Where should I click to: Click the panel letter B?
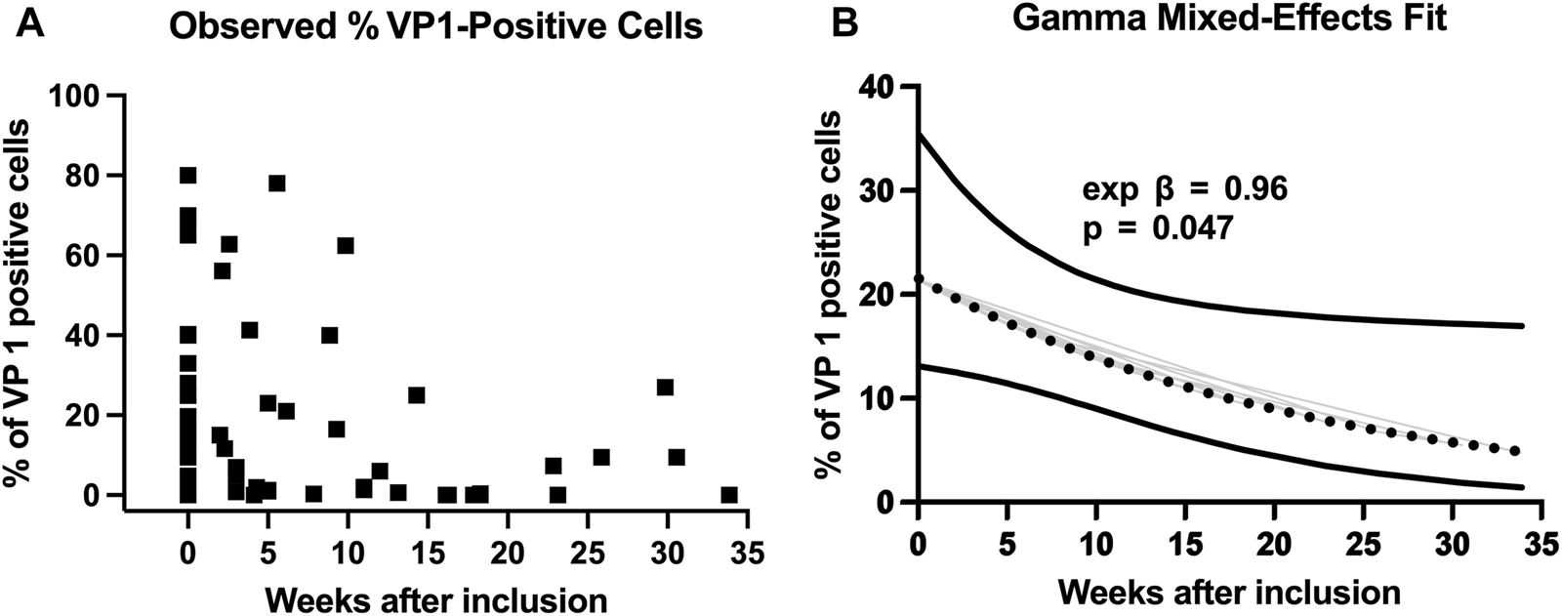pyautogui.click(x=843, y=22)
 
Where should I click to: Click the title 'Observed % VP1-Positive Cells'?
pyautogui.click(x=435, y=26)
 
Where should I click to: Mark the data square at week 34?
pyautogui.click(x=728, y=495)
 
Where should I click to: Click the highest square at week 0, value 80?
pyautogui.click(x=187, y=176)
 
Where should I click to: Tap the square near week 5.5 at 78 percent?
pyautogui.click(x=277, y=184)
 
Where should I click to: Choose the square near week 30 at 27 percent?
pyautogui.click(x=665, y=388)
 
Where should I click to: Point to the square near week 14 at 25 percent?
pyautogui.click(x=416, y=395)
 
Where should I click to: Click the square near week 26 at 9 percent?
pyautogui.click(x=601, y=457)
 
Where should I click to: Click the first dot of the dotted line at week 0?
pyautogui.click(x=918, y=279)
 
